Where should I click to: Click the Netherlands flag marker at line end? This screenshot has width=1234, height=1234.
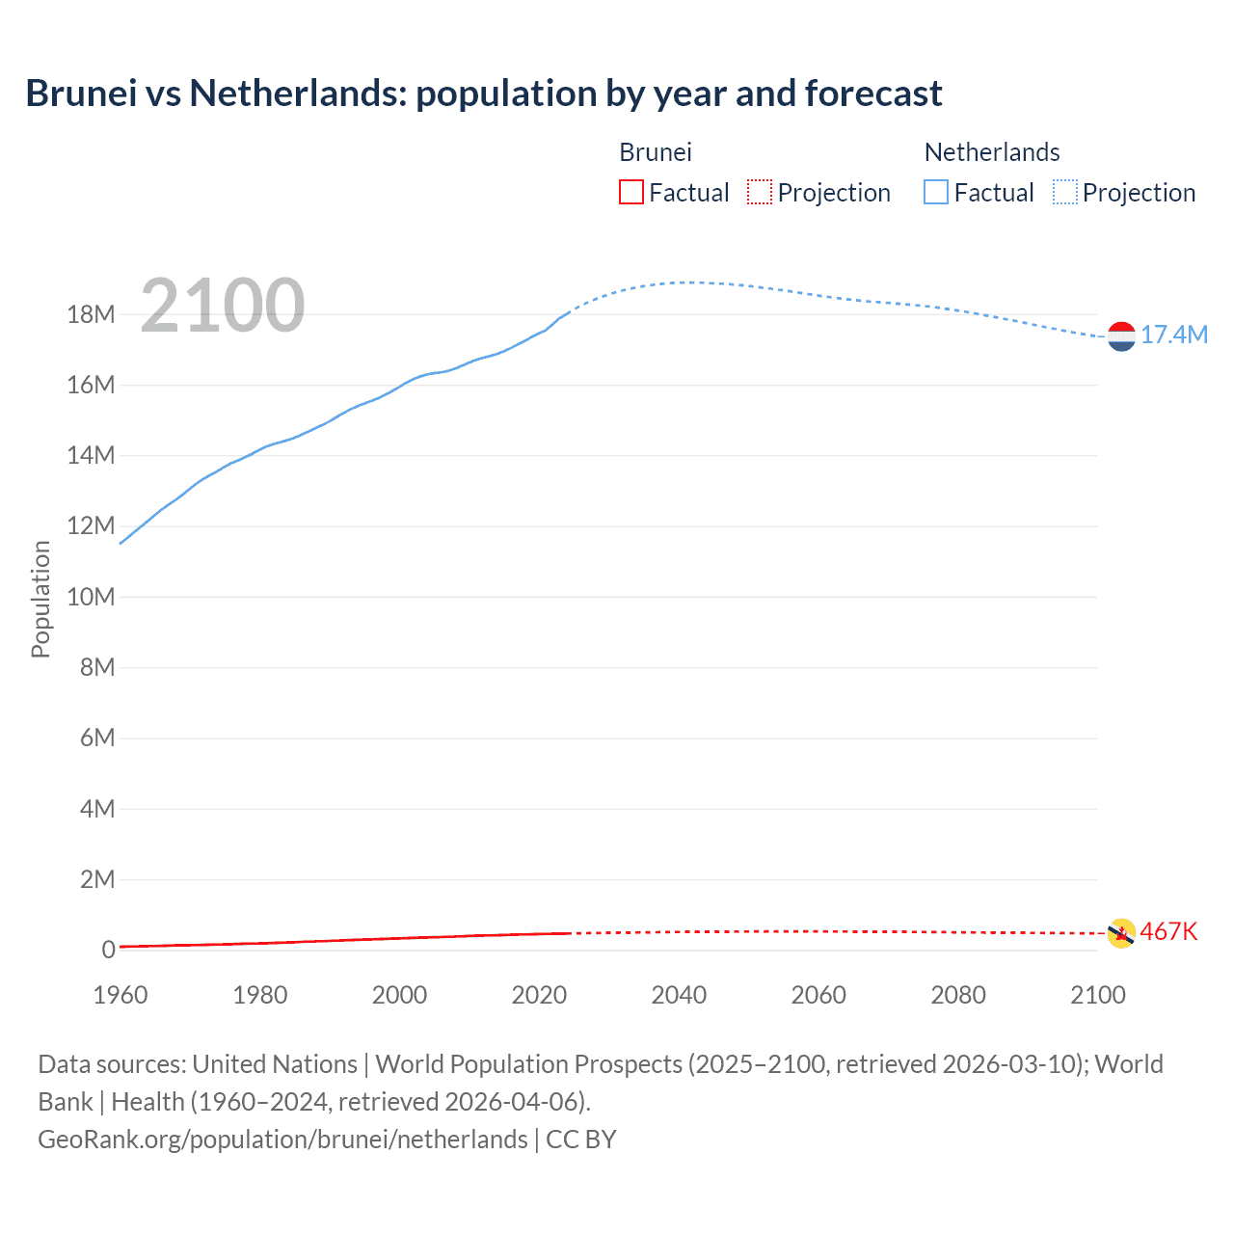click(x=1121, y=336)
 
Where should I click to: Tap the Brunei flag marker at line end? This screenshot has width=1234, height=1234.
click(x=1121, y=933)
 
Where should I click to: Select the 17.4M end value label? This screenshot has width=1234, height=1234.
click(x=1174, y=335)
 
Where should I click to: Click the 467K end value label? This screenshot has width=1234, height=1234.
click(x=1168, y=931)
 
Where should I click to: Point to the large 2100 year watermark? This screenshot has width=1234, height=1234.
click(x=223, y=306)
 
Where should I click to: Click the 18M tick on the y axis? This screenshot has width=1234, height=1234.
click(x=91, y=314)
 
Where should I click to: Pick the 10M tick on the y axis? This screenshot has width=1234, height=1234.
click(x=91, y=597)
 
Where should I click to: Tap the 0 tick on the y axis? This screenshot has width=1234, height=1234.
click(x=108, y=950)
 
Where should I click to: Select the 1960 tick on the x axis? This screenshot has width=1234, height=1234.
click(x=121, y=995)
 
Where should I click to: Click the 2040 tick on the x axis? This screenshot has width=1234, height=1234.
click(x=679, y=995)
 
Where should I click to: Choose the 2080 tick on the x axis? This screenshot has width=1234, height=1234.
click(x=958, y=995)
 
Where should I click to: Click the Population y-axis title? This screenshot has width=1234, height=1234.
click(x=40, y=599)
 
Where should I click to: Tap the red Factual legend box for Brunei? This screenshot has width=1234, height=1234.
click(x=630, y=193)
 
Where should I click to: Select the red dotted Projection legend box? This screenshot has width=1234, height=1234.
click(x=760, y=193)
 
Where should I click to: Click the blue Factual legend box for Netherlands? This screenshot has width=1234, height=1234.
click(x=936, y=193)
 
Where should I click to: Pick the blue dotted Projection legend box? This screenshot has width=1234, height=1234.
click(x=1065, y=193)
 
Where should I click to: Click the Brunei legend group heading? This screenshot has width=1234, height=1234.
click(x=656, y=152)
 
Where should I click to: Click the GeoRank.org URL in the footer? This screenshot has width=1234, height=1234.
click(x=282, y=1139)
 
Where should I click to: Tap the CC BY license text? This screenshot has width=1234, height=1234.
click(x=581, y=1139)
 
